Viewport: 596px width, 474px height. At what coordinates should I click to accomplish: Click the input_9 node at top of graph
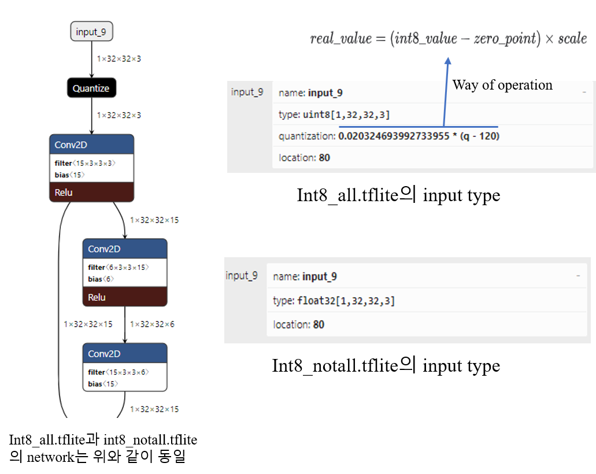[91, 32]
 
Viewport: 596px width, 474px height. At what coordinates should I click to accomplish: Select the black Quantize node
[91, 88]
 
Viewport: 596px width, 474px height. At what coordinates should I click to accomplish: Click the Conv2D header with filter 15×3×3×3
[91, 145]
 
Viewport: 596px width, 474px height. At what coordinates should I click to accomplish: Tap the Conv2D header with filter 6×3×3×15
[125, 249]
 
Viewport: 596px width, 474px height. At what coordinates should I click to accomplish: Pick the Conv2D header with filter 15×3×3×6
[125, 354]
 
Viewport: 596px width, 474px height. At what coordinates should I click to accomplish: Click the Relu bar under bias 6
[125, 297]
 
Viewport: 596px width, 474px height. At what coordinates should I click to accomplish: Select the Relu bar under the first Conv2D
[91, 192]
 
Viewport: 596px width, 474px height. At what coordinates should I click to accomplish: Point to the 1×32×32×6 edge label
[152, 324]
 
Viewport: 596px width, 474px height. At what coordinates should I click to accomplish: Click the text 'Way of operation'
[502, 86]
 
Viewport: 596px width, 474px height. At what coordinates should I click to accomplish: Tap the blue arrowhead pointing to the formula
[447, 60]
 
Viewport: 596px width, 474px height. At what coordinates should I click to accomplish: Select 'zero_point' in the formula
[505, 39]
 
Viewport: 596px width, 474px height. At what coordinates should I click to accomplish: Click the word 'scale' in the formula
[572, 39]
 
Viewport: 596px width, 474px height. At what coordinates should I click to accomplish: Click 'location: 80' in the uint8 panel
[304, 157]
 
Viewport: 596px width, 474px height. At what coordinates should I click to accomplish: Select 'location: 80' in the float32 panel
[298, 324]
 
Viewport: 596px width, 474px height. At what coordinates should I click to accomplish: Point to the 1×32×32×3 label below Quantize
[119, 115]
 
